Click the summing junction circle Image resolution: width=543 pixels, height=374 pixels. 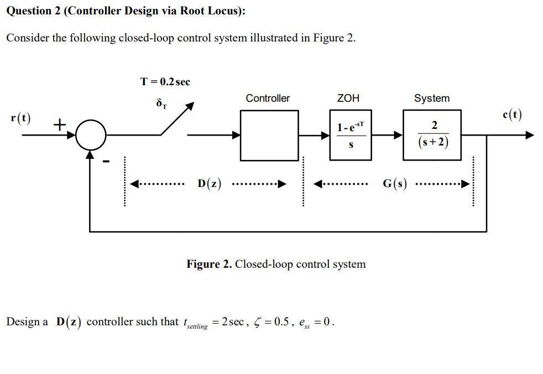90,135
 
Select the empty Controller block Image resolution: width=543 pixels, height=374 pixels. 269,135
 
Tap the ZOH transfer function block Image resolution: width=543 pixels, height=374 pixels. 349,135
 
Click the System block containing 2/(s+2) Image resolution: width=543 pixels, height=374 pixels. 431,135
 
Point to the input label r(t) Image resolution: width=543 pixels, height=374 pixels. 21,118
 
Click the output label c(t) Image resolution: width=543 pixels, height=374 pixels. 511,115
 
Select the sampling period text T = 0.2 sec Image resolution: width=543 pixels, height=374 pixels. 165,82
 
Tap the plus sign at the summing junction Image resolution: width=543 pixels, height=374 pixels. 59,125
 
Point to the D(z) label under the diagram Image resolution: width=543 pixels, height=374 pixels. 209,184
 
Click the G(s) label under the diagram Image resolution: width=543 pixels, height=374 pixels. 395,184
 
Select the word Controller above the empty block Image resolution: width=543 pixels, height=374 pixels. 268,98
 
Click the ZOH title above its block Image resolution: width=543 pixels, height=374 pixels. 348,98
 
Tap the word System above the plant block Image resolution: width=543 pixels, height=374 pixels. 431,98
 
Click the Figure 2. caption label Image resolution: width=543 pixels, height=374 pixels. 210,264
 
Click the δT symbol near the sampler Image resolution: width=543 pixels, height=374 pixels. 161,103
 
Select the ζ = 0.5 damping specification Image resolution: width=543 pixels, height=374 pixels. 271,322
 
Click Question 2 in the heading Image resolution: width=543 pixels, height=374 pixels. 33,12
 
